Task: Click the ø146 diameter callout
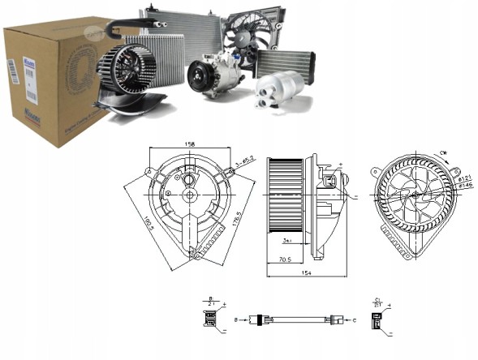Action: tap(466, 186)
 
